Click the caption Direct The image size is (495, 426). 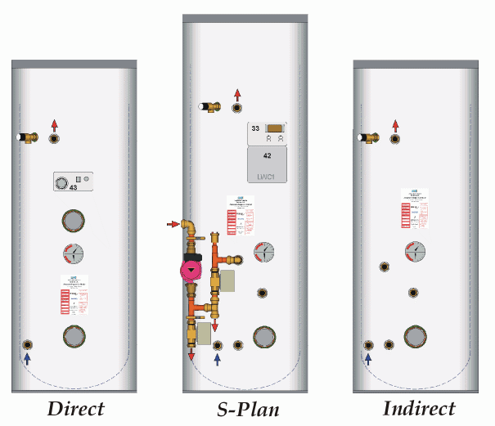coord(75,408)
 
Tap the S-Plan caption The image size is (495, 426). coord(240,408)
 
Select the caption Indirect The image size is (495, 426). coord(419,408)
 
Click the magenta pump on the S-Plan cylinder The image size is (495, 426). coord(191,270)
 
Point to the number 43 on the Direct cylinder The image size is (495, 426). coord(74,189)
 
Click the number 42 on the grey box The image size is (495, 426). coord(268,155)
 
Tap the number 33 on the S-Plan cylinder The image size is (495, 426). coord(255,128)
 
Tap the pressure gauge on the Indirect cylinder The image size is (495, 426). coord(415,251)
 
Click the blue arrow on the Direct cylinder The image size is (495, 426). coord(27,358)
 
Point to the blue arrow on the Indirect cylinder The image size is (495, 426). coord(368,358)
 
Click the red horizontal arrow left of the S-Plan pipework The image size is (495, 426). coord(172,223)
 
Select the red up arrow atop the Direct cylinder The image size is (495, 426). coord(55,125)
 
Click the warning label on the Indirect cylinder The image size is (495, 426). coord(415,208)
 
